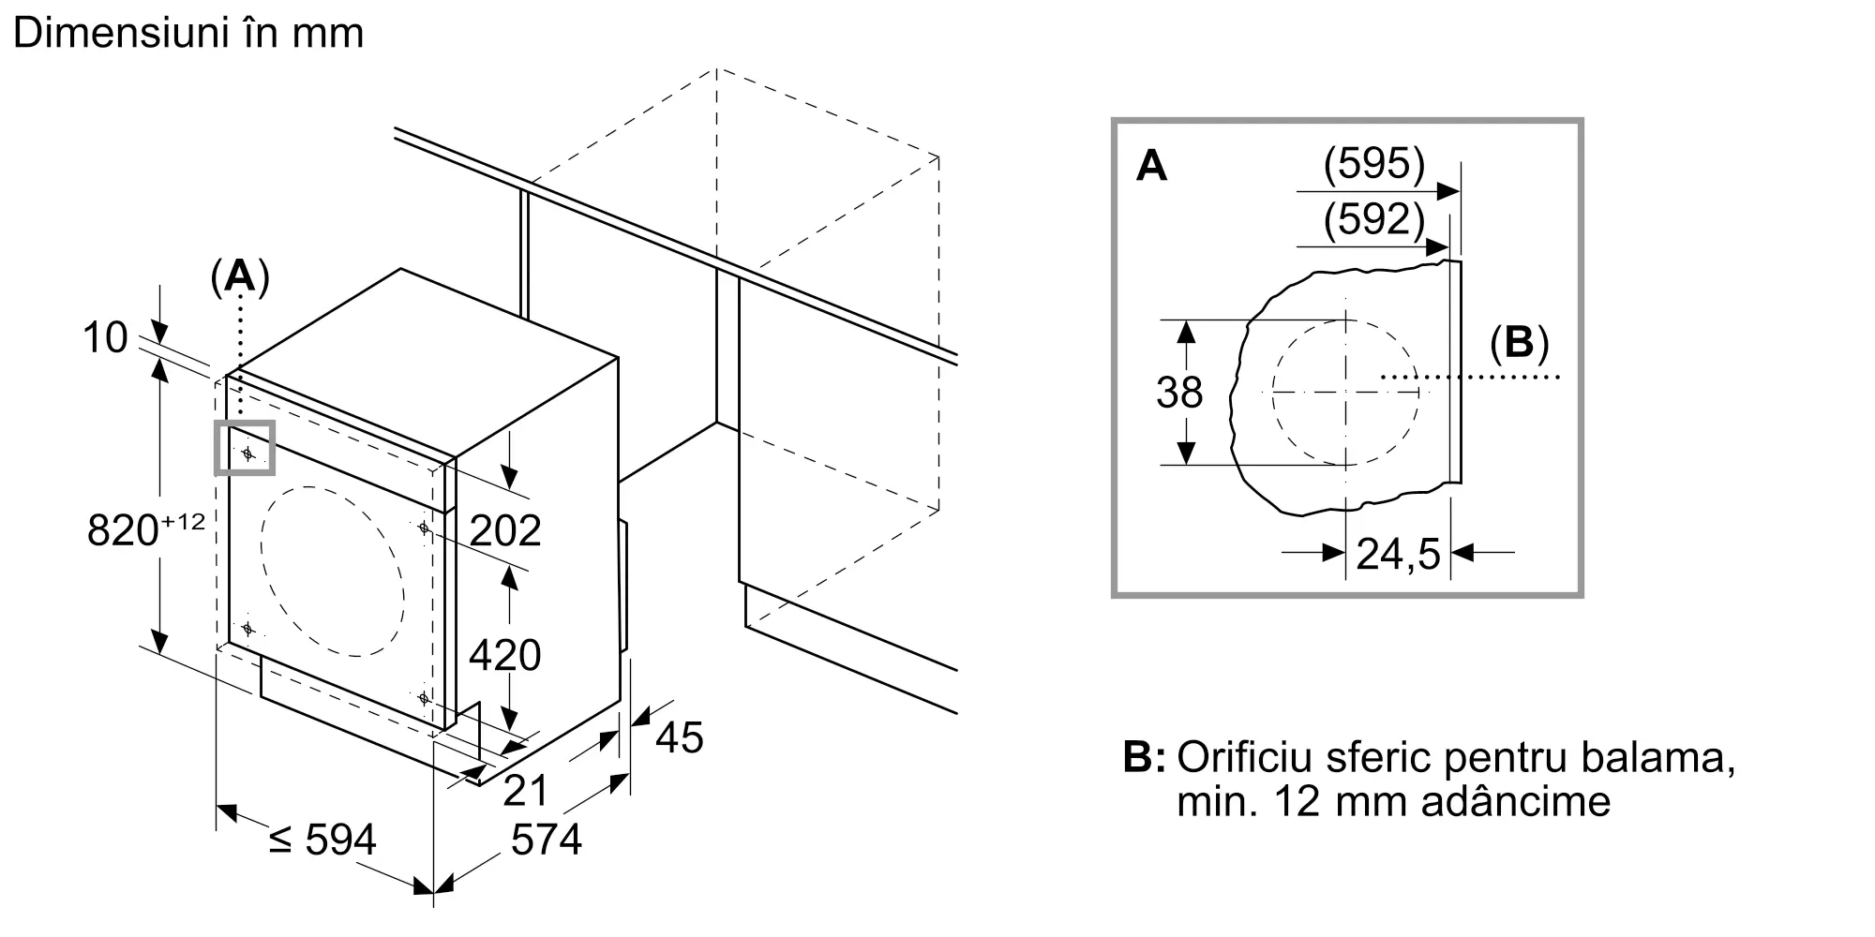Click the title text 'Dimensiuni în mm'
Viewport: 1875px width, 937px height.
pyautogui.click(x=188, y=33)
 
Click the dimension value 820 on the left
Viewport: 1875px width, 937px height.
pyautogui.click(x=123, y=530)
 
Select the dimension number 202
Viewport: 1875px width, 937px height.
pyautogui.click(x=505, y=531)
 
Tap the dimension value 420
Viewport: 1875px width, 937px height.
pyautogui.click(x=505, y=655)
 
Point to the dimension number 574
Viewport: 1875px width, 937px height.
pyautogui.click(x=547, y=840)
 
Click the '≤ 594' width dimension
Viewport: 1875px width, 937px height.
pyautogui.click(x=322, y=840)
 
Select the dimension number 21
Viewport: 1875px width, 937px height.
pyautogui.click(x=525, y=791)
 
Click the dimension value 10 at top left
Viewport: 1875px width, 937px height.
pyautogui.click(x=105, y=337)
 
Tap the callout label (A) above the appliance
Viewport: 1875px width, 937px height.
pyautogui.click(x=241, y=277)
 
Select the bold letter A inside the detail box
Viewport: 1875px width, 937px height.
pyautogui.click(x=1151, y=167)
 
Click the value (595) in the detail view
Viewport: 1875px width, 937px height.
pyautogui.click(x=1373, y=165)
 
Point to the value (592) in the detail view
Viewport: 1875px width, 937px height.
pyautogui.click(x=1373, y=220)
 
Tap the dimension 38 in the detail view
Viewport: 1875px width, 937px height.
pyautogui.click(x=1179, y=393)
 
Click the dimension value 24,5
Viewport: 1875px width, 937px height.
pyautogui.click(x=1398, y=555)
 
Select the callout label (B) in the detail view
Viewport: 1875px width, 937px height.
pyautogui.click(x=1519, y=345)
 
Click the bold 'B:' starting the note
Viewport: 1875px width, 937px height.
pyautogui.click(x=1144, y=758)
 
